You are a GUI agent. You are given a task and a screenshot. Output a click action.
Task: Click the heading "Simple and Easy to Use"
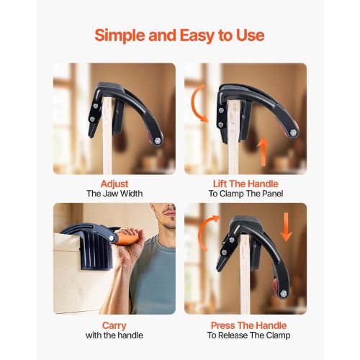(x=179, y=35)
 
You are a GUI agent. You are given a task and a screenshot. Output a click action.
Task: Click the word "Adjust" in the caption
(x=114, y=184)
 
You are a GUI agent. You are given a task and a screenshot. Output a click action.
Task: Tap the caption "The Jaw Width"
(x=114, y=194)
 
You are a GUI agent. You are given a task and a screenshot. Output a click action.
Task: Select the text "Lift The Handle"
(x=246, y=184)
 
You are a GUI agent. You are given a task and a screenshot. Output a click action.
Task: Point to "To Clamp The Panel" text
(x=246, y=194)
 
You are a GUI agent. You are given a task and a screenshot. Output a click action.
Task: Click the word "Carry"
(x=114, y=325)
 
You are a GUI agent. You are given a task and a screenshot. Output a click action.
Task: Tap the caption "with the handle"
(x=114, y=335)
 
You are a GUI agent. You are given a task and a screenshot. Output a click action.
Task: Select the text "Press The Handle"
(x=248, y=325)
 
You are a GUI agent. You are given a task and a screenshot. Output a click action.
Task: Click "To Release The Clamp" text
(x=248, y=335)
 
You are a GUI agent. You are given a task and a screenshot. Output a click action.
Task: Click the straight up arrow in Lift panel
(x=264, y=152)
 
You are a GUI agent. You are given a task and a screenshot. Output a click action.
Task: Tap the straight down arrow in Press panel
(x=286, y=227)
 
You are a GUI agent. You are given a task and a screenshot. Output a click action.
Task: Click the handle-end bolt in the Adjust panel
(x=158, y=141)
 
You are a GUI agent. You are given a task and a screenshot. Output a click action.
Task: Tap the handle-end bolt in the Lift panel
(x=293, y=132)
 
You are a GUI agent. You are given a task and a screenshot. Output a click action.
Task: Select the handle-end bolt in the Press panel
(x=284, y=293)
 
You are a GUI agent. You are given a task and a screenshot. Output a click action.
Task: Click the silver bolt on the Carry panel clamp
(x=112, y=238)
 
